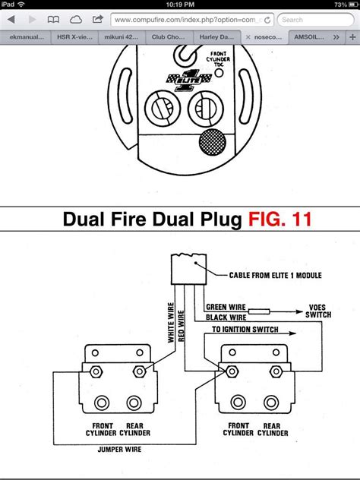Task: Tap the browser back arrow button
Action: click(11, 19)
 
